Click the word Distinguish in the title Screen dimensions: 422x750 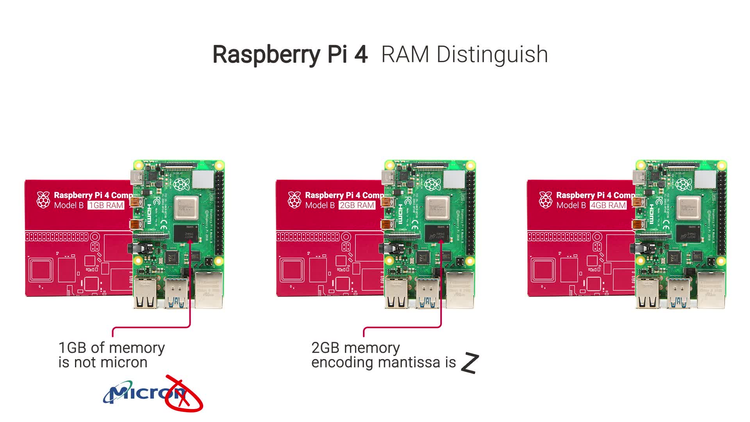coord(492,55)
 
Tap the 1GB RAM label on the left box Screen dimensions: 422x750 coord(106,206)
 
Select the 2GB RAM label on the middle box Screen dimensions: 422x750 coord(357,206)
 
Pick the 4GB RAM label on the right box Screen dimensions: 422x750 coord(608,206)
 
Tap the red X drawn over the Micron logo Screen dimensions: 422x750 coord(183,394)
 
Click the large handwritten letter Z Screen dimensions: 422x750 coord(470,363)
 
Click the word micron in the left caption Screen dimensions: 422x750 coord(125,363)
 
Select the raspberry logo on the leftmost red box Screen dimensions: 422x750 coord(43,200)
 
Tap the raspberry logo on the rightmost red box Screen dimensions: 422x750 coord(546,200)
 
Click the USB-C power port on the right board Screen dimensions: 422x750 coord(639,175)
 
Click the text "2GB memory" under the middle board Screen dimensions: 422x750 coord(355,348)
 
